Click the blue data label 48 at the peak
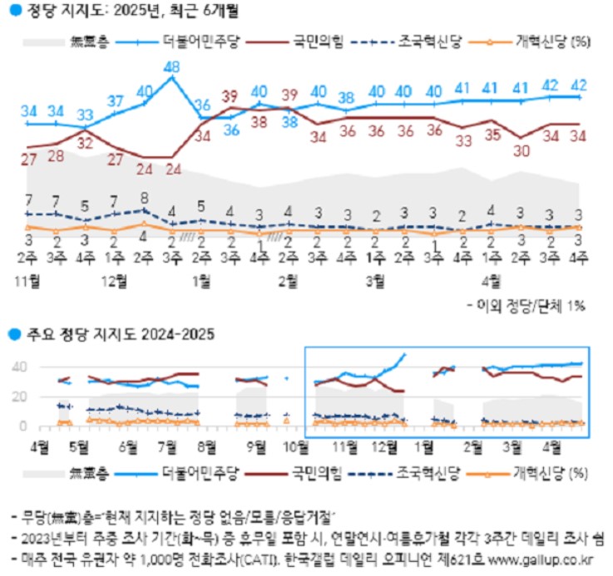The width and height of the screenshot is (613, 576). coord(173,67)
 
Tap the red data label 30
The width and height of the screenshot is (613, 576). coord(522,150)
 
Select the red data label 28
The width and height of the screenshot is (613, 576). coord(57,155)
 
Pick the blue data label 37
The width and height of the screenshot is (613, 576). coord(116,101)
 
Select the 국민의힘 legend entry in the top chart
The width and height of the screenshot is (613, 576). coord(315,41)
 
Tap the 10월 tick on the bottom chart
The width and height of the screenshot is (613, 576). coord(295,445)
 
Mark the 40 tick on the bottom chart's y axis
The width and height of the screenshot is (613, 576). coord(21,367)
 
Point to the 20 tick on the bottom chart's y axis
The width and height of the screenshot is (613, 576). coord(21,396)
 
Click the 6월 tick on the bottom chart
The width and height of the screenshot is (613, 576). coord(127,445)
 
